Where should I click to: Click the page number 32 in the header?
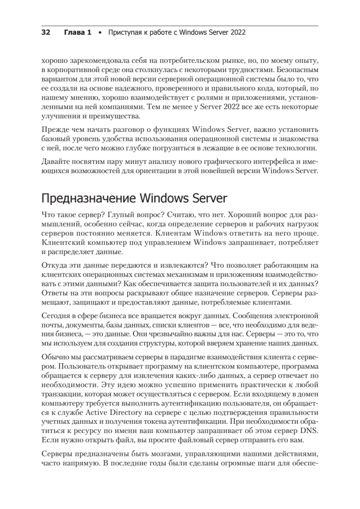pyautogui.click(x=46, y=32)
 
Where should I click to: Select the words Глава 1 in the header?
pyautogui.click(x=78, y=32)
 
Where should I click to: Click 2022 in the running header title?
pyautogui.click(x=237, y=32)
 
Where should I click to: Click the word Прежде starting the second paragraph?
pyautogui.click(x=53, y=130)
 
